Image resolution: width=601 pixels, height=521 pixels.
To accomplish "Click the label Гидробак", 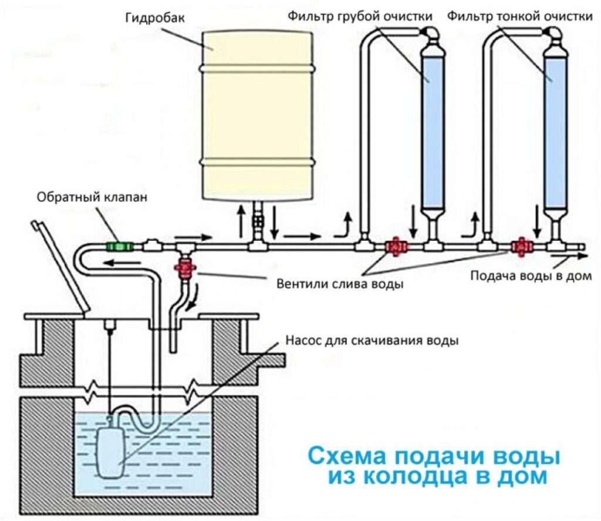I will tap(155, 18).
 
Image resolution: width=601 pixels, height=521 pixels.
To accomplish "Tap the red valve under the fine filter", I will tap(519, 246).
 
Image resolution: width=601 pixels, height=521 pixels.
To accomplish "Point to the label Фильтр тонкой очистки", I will tap(519, 16).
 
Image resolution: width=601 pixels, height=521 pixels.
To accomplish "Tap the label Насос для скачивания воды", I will tap(371, 341).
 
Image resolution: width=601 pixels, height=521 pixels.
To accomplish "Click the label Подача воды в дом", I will tap(529, 276).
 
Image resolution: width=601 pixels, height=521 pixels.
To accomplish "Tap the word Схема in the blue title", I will tap(349, 456).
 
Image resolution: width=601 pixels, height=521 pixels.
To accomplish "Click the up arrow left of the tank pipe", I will tap(241, 219).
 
